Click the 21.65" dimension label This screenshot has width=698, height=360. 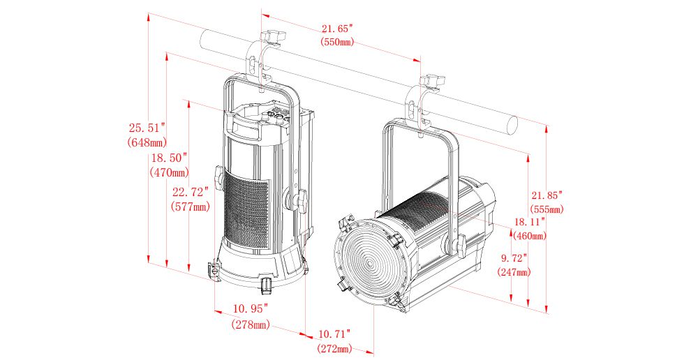[x=337, y=29]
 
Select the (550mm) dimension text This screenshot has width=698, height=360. [x=337, y=42]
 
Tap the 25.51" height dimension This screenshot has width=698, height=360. [x=147, y=128]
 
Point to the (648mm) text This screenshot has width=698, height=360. [x=147, y=142]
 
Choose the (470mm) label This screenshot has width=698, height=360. [x=169, y=172]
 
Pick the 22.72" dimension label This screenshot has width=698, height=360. [x=190, y=193]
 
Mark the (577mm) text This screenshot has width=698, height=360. [x=190, y=207]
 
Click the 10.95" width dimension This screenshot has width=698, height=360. [x=251, y=308]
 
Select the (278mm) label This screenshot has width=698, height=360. [x=251, y=324]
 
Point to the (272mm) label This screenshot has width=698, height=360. [x=334, y=348]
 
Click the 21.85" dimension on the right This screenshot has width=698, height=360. [x=547, y=195]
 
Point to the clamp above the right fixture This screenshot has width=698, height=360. [x=428, y=89]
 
